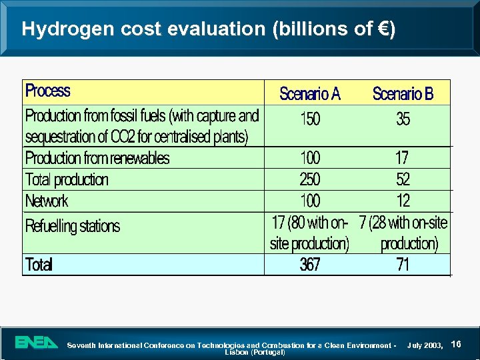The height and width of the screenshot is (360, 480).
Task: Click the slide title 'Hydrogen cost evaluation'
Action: pyautogui.click(x=208, y=29)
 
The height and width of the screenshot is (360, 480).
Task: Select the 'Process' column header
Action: pyautogui.click(x=47, y=91)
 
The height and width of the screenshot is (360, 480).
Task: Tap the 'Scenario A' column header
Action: pyautogui.click(x=310, y=94)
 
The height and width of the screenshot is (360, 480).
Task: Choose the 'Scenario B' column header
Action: pyautogui.click(x=403, y=94)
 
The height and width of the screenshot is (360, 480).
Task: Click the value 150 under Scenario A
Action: pyautogui.click(x=310, y=119)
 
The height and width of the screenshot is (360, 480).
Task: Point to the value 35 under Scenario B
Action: pyautogui.click(x=403, y=119)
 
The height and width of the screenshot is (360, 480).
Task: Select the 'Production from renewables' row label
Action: pyautogui.click(x=97, y=158)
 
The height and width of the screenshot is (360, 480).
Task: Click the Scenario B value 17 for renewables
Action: pyautogui.click(x=402, y=158)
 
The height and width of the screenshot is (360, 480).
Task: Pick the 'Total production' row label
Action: pyautogui.click(x=67, y=179)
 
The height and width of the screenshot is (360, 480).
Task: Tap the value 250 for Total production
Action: pyautogui.click(x=310, y=179)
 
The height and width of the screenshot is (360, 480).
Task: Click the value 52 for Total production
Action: pyautogui.click(x=403, y=179)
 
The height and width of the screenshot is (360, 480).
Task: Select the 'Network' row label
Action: pyautogui.click(x=47, y=201)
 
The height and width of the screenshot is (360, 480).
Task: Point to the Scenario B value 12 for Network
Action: pyautogui.click(x=403, y=201)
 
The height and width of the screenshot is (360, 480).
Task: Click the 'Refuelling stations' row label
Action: pyautogui.click(x=73, y=226)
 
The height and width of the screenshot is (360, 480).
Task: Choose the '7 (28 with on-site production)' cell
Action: pyautogui.click(x=403, y=233)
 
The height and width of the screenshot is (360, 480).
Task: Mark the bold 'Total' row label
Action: pyautogui.click(x=39, y=265)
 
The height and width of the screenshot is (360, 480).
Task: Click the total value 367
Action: pyautogui.click(x=310, y=265)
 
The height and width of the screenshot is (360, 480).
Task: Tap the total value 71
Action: pyautogui.click(x=403, y=265)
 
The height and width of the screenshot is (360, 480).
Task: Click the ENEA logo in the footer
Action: pyautogui.click(x=37, y=343)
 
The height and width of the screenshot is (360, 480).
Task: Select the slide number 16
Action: pyautogui.click(x=457, y=343)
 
